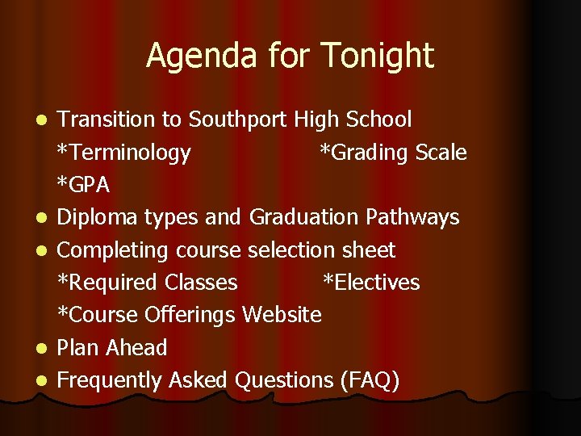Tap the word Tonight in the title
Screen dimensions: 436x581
click(377, 57)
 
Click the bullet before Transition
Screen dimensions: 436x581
click(48, 120)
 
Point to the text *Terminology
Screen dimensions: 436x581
click(123, 153)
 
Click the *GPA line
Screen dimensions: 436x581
click(83, 185)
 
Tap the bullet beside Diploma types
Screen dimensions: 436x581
click(48, 218)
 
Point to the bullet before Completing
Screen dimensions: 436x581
click(48, 251)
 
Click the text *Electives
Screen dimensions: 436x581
click(371, 283)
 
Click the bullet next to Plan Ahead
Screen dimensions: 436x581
click(48, 349)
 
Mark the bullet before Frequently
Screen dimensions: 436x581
click(48, 381)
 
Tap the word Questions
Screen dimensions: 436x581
click(279, 380)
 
